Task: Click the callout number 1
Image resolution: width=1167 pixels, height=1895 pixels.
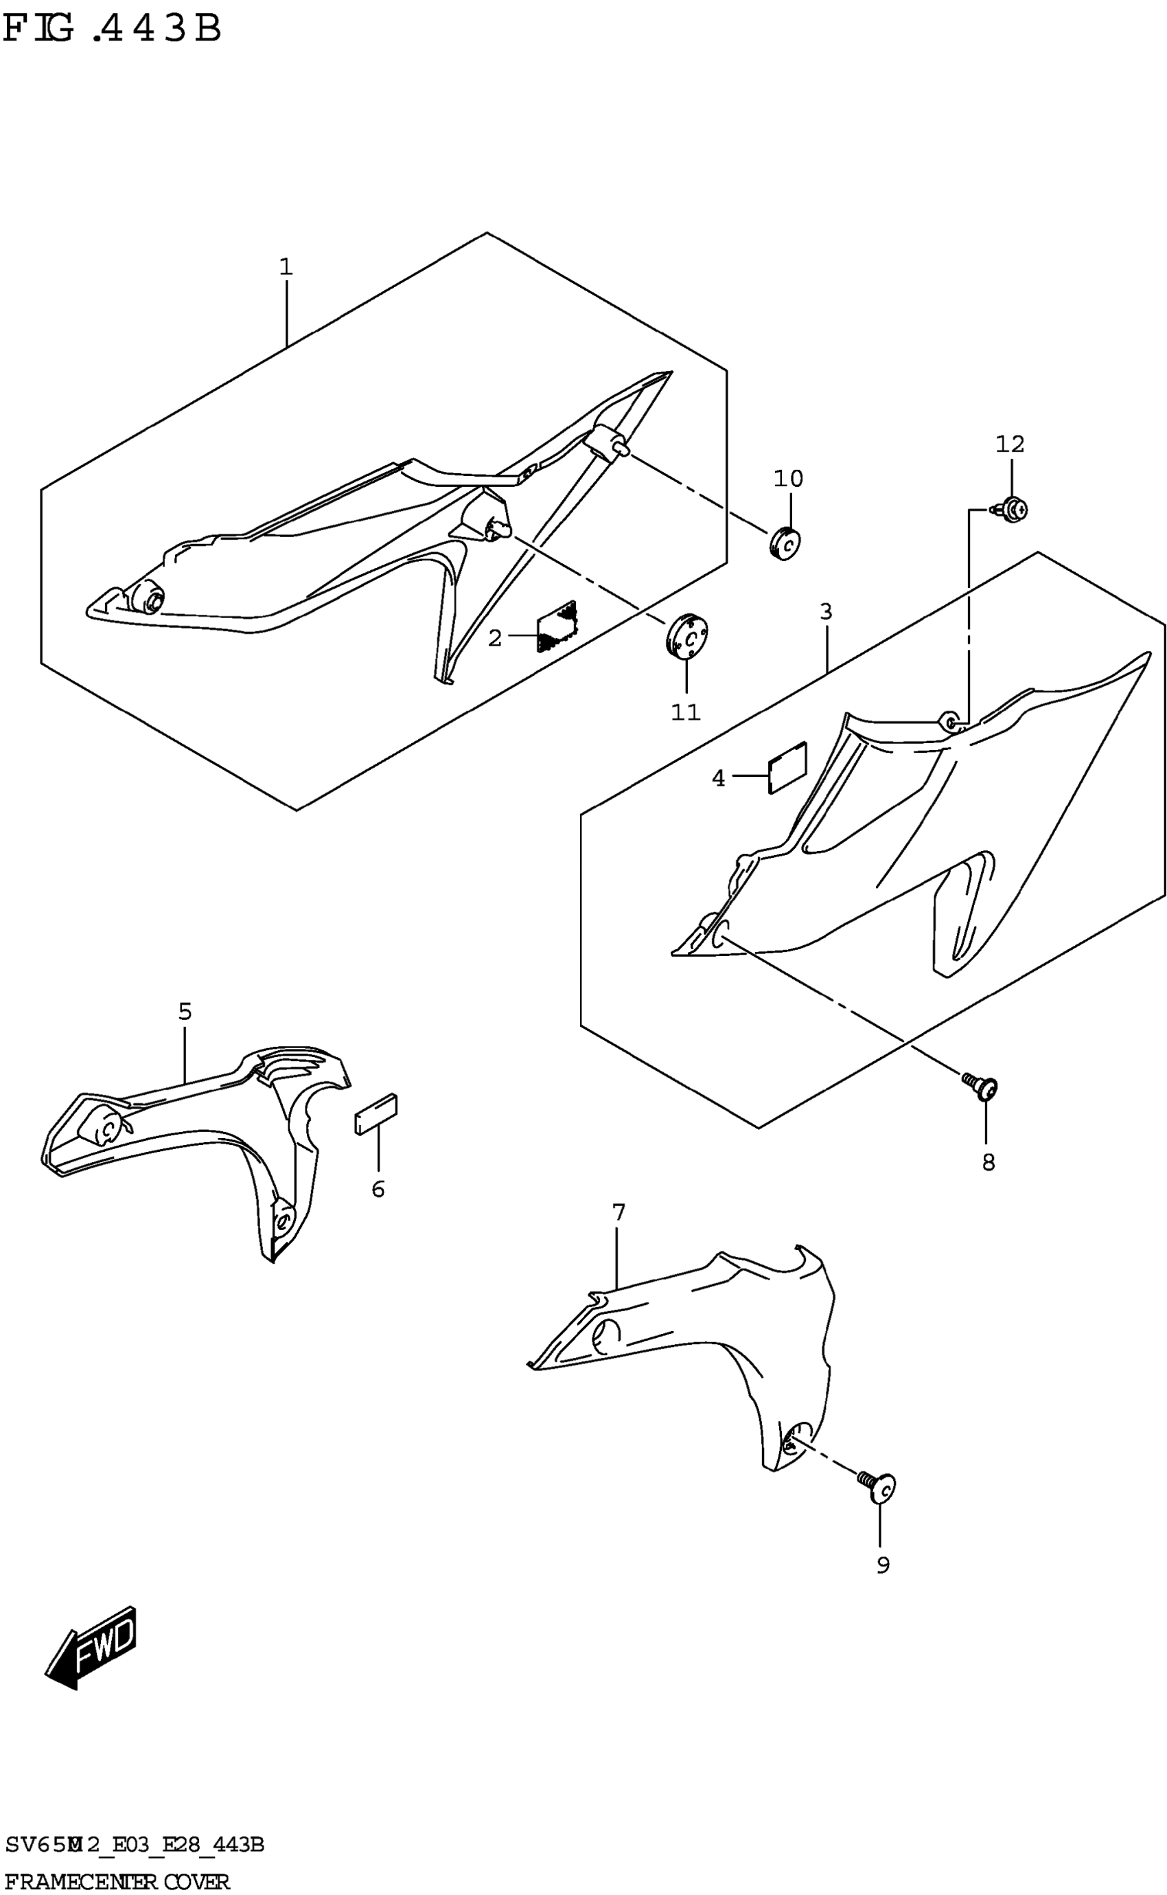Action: pos(286,267)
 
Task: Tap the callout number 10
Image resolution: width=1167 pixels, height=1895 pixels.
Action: pos(788,479)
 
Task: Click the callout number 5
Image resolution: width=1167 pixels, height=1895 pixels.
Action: pos(185,1012)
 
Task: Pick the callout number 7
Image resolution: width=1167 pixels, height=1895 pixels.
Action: pos(619,1213)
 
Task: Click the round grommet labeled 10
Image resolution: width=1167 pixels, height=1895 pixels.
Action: pos(784,543)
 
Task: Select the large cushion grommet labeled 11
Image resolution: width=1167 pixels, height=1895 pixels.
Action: pos(686,636)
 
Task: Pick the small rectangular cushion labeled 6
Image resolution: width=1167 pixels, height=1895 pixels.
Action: pos(376,1114)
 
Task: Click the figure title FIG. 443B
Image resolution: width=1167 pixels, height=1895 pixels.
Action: pos(112,30)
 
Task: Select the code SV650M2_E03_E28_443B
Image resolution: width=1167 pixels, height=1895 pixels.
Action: pos(135,1845)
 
